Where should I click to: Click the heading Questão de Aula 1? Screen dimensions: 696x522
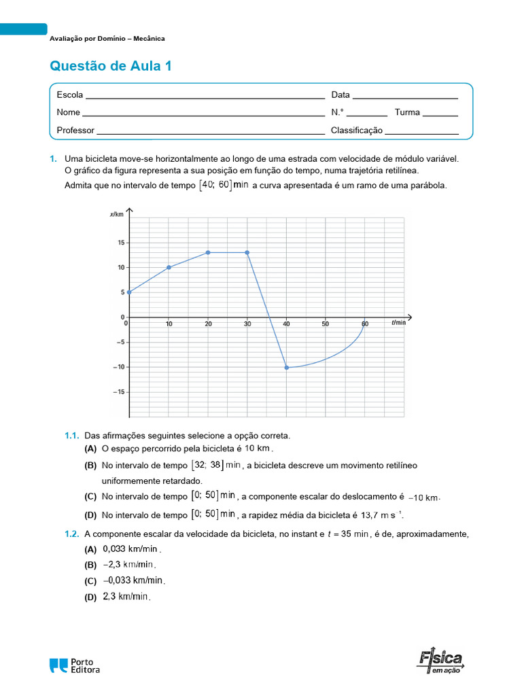[111, 66]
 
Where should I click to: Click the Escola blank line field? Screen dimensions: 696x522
[205, 96]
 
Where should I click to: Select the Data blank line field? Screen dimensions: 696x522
[405, 96]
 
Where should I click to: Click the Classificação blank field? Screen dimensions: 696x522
[421, 131]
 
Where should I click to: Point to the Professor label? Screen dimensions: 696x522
[75, 130]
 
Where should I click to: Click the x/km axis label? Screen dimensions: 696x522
[117, 214]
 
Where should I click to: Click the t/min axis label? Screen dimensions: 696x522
[398, 323]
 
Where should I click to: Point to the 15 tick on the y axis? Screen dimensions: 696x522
[120, 243]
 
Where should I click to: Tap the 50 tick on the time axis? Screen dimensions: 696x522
[326, 324]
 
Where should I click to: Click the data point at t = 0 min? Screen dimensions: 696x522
[129, 292]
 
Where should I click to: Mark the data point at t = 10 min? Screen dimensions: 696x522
[169, 267]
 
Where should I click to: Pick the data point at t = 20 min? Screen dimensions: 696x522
[208, 252]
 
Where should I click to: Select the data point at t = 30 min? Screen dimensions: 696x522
[247, 252]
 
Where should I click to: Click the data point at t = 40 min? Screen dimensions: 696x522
[286, 367]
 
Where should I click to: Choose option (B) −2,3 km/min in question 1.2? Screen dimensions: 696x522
[129, 565]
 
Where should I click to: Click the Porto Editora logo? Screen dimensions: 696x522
[74, 665]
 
